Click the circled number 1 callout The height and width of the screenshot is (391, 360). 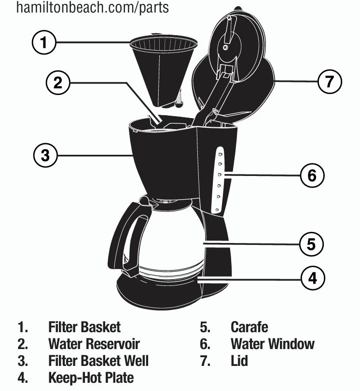click(44, 43)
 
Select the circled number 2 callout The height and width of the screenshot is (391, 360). click(58, 83)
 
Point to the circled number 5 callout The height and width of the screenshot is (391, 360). click(311, 244)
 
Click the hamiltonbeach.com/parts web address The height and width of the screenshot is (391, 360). click(93, 8)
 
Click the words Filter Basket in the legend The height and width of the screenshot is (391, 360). click(84, 327)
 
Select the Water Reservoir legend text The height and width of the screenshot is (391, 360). click(94, 344)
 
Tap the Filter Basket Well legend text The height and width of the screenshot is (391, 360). click(98, 361)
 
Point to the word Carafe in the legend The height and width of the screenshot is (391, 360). click(249, 327)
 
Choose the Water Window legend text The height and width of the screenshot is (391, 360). click(272, 344)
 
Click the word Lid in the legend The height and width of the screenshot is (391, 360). click(239, 361)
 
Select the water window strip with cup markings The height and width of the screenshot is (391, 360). click(220, 180)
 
